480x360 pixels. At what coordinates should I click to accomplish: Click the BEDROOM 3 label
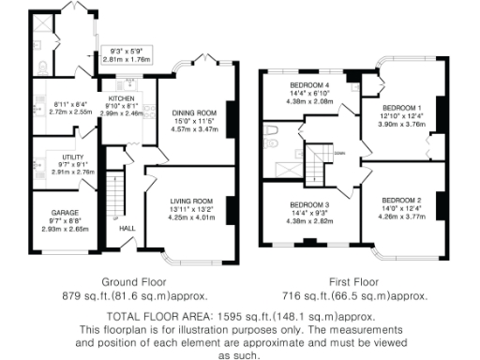309,204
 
